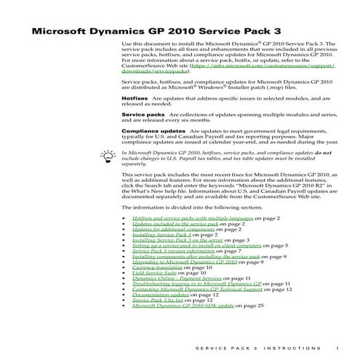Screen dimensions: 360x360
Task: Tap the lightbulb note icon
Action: coord(108,155)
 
